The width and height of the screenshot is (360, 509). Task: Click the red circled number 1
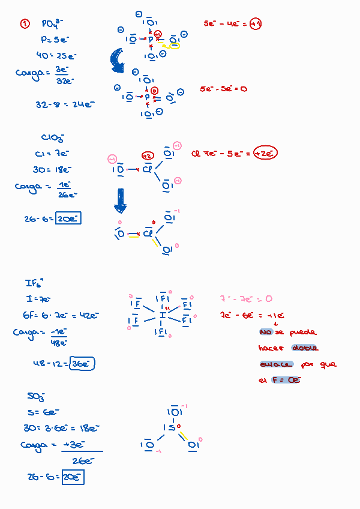click(25, 23)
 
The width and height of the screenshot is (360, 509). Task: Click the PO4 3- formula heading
click(52, 24)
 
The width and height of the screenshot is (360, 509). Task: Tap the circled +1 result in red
click(255, 24)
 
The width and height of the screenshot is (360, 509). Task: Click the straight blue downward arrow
click(120, 200)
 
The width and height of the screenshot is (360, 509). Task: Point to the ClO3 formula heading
click(53, 138)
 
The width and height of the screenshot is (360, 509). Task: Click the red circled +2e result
click(265, 153)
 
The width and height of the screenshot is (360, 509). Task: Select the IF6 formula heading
click(35, 283)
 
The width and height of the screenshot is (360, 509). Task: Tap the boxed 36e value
click(82, 363)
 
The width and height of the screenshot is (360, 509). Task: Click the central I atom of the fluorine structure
click(162, 315)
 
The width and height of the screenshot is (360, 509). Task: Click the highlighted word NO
click(266, 332)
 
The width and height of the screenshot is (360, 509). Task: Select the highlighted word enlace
click(276, 364)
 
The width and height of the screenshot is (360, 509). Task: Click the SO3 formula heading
click(36, 396)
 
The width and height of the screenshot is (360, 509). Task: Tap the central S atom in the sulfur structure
click(171, 428)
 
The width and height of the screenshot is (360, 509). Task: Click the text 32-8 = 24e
click(65, 104)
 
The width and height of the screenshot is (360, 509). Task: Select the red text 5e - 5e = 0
click(223, 89)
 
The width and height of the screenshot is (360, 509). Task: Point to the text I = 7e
click(37, 299)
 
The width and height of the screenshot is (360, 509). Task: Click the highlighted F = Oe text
click(286, 380)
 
